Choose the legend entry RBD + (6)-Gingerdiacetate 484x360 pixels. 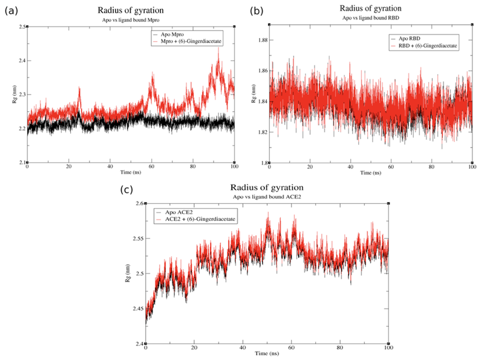(427, 45)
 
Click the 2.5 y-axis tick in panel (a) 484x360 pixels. (22, 27)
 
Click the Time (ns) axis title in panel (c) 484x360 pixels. (267, 352)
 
